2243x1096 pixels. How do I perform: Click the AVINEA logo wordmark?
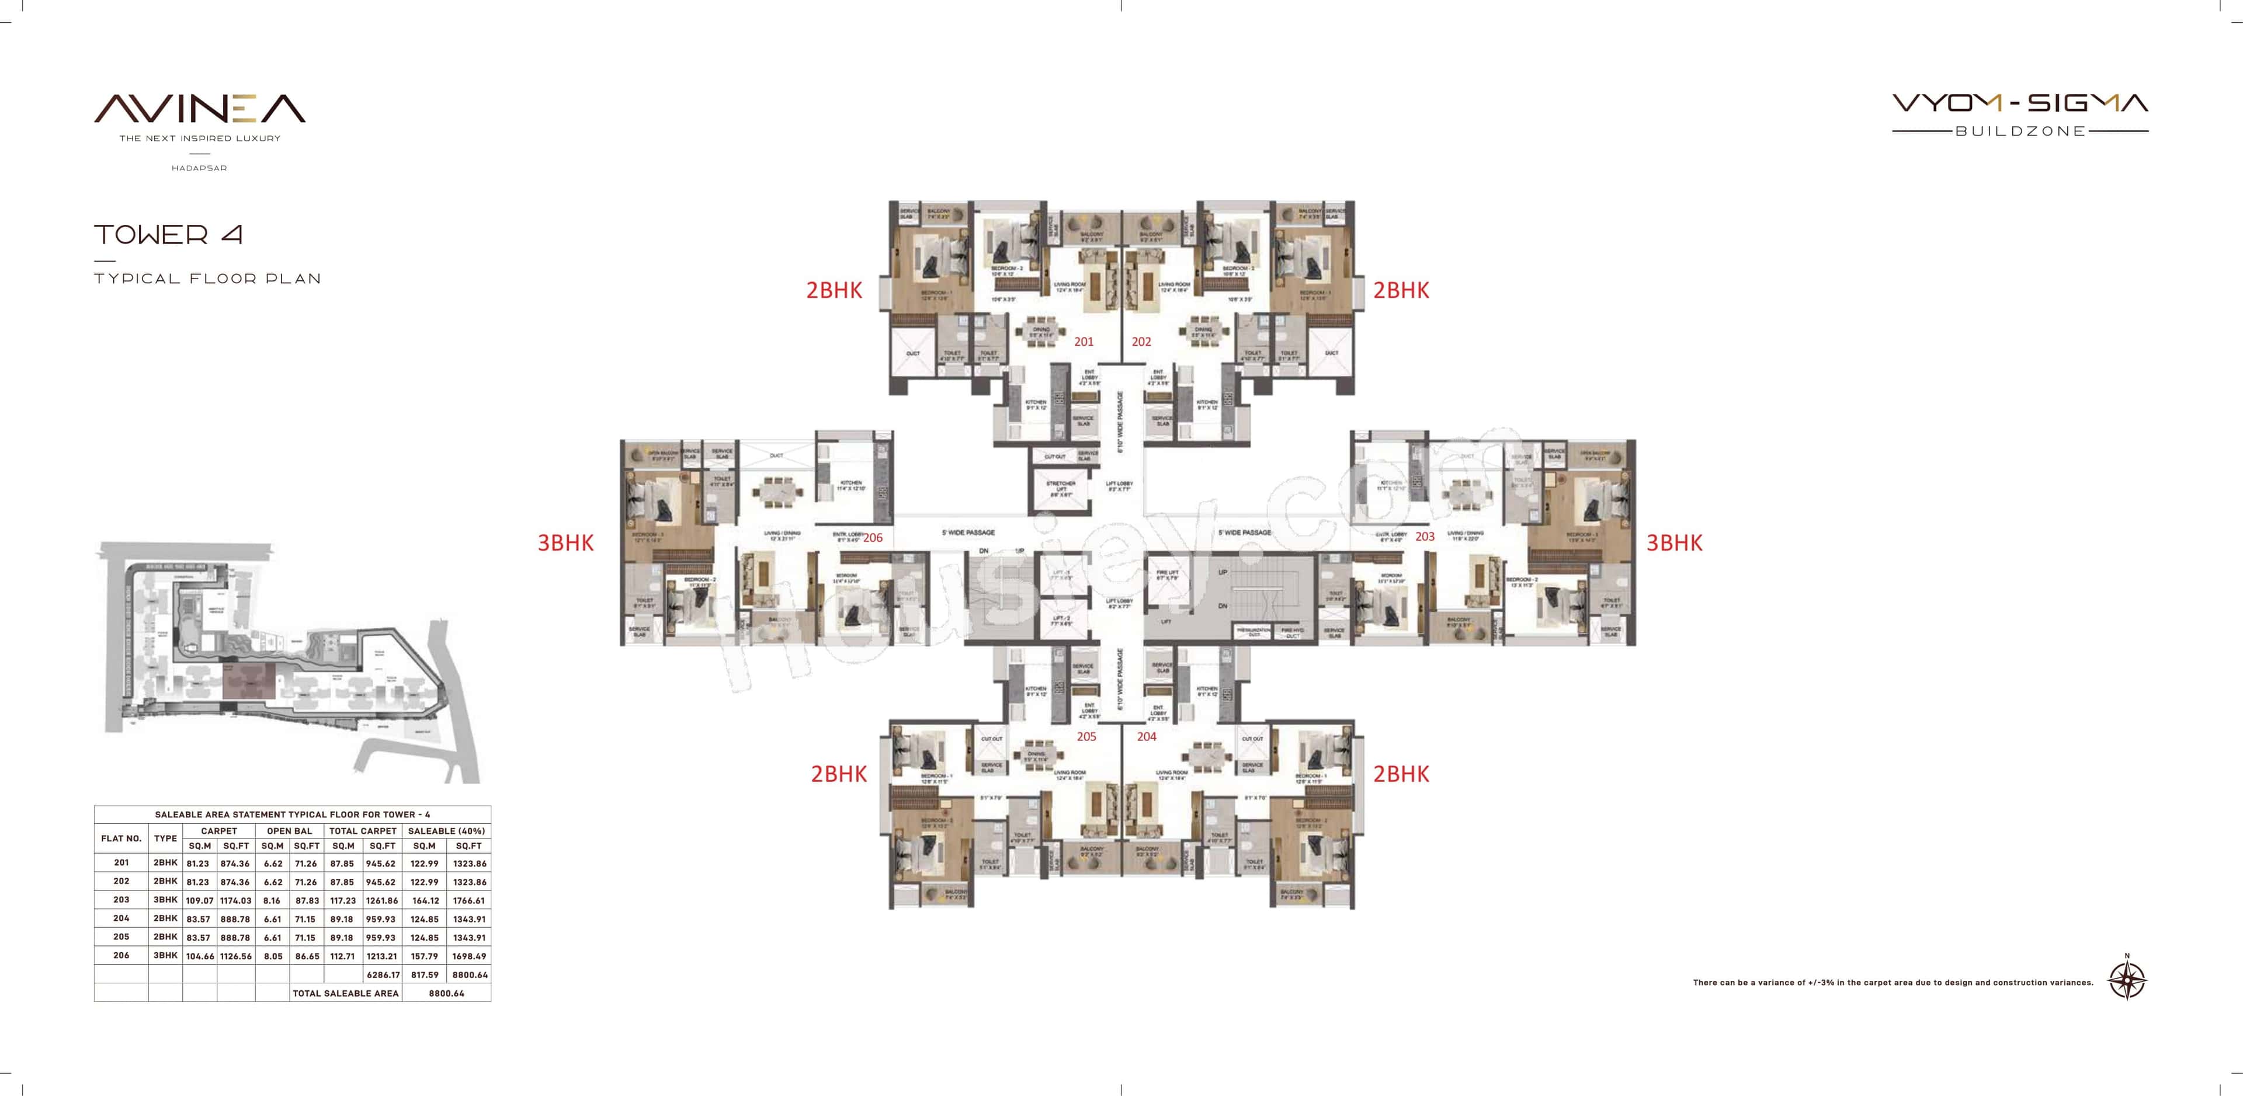coord(199,109)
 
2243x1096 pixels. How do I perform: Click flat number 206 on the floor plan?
coord(873,538)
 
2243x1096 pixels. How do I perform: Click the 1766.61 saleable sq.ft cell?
coord(468,901)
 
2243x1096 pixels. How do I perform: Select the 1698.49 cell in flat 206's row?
coord(468,956)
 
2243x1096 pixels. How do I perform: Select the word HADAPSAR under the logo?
coord(199,168)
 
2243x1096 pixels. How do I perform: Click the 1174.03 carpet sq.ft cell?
coord(235,901)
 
